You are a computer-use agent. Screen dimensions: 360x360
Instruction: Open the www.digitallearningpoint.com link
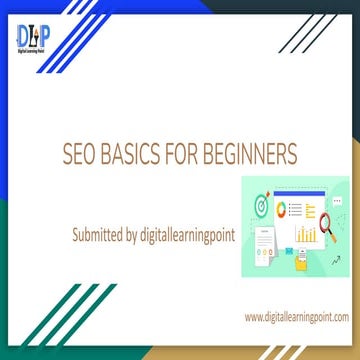296,317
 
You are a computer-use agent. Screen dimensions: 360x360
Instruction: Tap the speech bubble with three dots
338,202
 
